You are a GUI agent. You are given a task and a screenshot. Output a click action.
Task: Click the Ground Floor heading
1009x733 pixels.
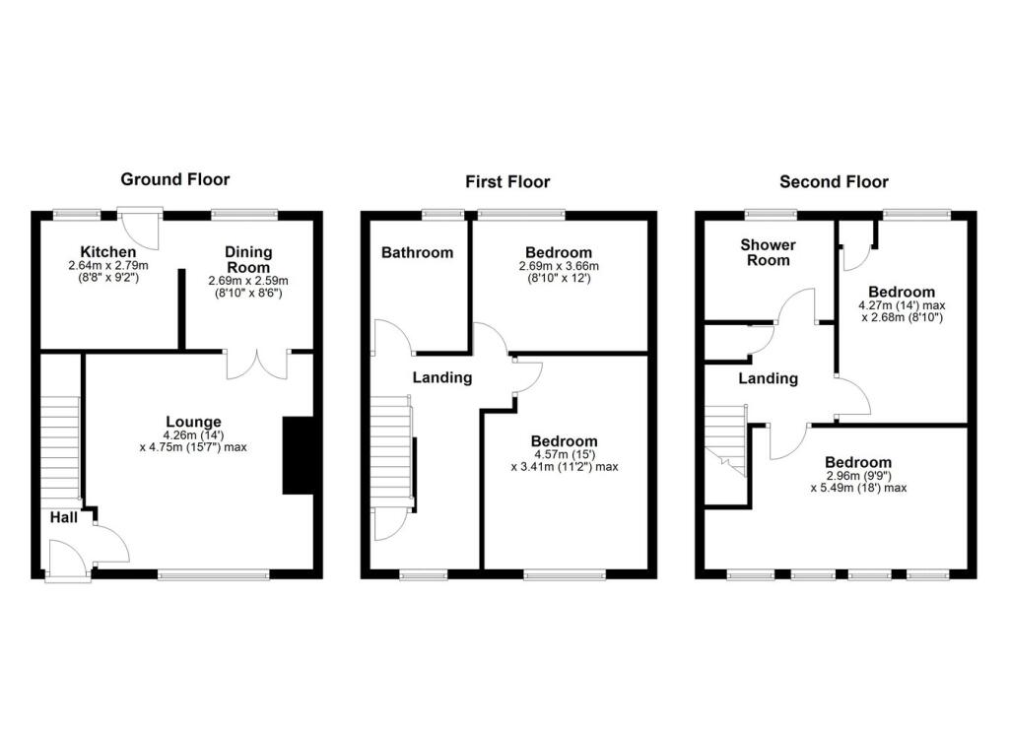(174, 179)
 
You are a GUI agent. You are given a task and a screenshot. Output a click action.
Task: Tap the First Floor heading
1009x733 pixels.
(507, 181)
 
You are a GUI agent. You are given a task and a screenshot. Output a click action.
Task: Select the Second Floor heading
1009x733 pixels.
(834, 181)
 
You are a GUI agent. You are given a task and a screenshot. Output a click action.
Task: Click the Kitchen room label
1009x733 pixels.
(108, 252)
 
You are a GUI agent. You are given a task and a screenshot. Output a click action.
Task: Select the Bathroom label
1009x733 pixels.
(418, 252)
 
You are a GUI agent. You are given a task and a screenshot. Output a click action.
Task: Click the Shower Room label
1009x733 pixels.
(768, 252)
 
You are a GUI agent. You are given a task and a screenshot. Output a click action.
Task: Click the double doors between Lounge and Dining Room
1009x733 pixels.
(257, 365)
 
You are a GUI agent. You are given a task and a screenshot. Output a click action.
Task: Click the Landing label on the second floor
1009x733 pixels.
(768, 378)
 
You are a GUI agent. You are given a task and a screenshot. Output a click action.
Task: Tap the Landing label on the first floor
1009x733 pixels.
(441, 377)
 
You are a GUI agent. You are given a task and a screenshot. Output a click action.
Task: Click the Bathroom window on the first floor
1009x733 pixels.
(443, 212)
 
